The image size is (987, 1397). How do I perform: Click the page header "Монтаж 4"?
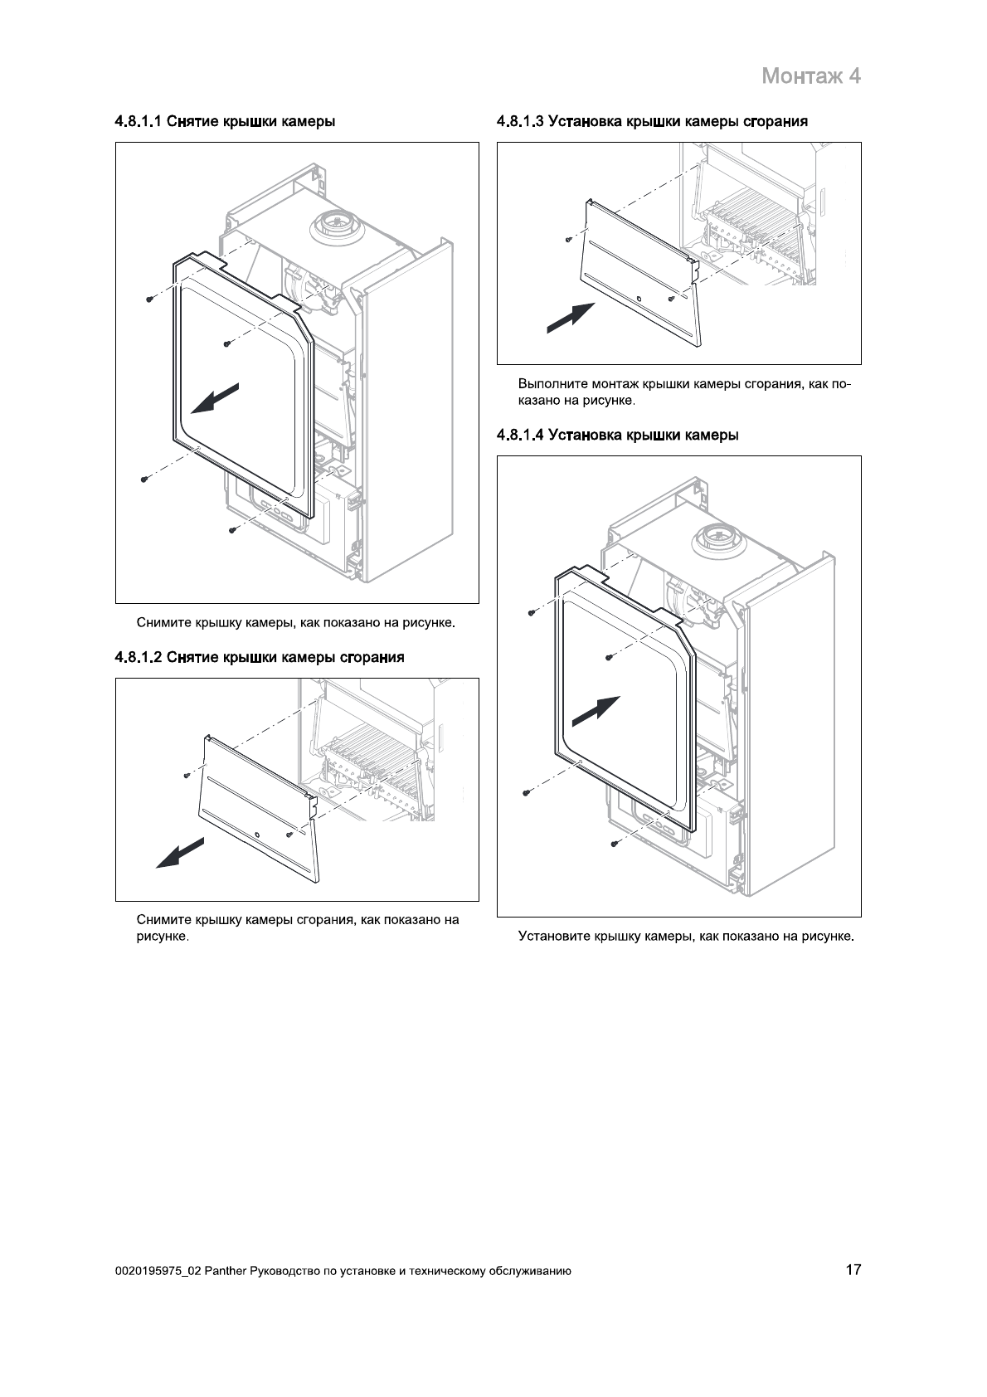pyautogui.click(x=810, y=76)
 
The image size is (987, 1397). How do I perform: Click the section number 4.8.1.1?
pyautogui.click(x=139, y=122)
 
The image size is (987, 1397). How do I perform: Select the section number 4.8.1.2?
pyautogui.click(x=139, y=658)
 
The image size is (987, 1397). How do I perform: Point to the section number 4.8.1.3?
pyautogui.click(x=521, y=122)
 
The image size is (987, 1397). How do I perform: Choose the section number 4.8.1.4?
pyautogui.click(x=521, y=435)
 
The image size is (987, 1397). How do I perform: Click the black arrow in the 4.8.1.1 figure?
pyautogui.click(x=215, y=398)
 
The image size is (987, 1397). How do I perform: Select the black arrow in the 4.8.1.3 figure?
pyautogui.click(x=571, y=318)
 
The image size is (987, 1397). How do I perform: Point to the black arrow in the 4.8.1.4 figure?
pyautogui.click(x=596, y=711)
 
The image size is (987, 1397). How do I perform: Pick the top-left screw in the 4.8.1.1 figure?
pyautogui.click(x=148, y=298)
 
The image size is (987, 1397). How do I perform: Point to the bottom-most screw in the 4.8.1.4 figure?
pyautogui.click(x=614, y=844)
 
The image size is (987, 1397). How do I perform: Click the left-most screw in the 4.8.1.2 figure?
pyautogui.click(x=187, y=776)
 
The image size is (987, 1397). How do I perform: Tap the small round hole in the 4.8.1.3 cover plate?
pyautogui.click(x=639, y=298)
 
